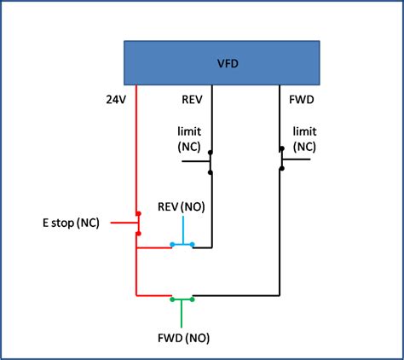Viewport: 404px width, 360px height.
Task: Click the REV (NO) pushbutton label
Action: (x=182, y=206)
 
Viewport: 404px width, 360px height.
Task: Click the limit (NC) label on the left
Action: (x=189, y=139)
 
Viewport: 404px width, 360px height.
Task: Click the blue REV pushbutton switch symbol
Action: (x=182, y=245)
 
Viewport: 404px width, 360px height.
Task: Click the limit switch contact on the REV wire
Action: (x=211, y=160)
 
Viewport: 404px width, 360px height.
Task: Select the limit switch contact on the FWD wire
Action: (x=281, y=160)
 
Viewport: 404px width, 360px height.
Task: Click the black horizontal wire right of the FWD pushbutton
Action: (x=239, y=296)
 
